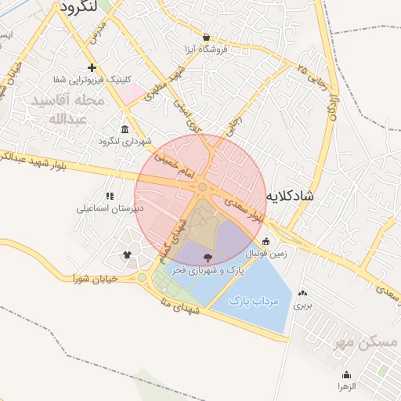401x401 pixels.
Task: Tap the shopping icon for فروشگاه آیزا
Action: click(206, 37)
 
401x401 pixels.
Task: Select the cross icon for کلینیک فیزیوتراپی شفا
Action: click(92, 68)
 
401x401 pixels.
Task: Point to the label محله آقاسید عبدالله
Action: click(67, 110)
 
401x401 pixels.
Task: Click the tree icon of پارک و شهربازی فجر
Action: click(208, 257)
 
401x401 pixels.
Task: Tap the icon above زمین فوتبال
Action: click(266, 241)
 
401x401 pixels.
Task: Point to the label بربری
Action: click(302, 306)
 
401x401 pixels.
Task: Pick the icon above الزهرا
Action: click(347, 374)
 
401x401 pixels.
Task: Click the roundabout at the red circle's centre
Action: click(202, 187)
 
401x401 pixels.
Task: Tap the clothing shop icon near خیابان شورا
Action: click(128, 255)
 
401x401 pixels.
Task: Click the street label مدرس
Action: click(96, 33)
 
